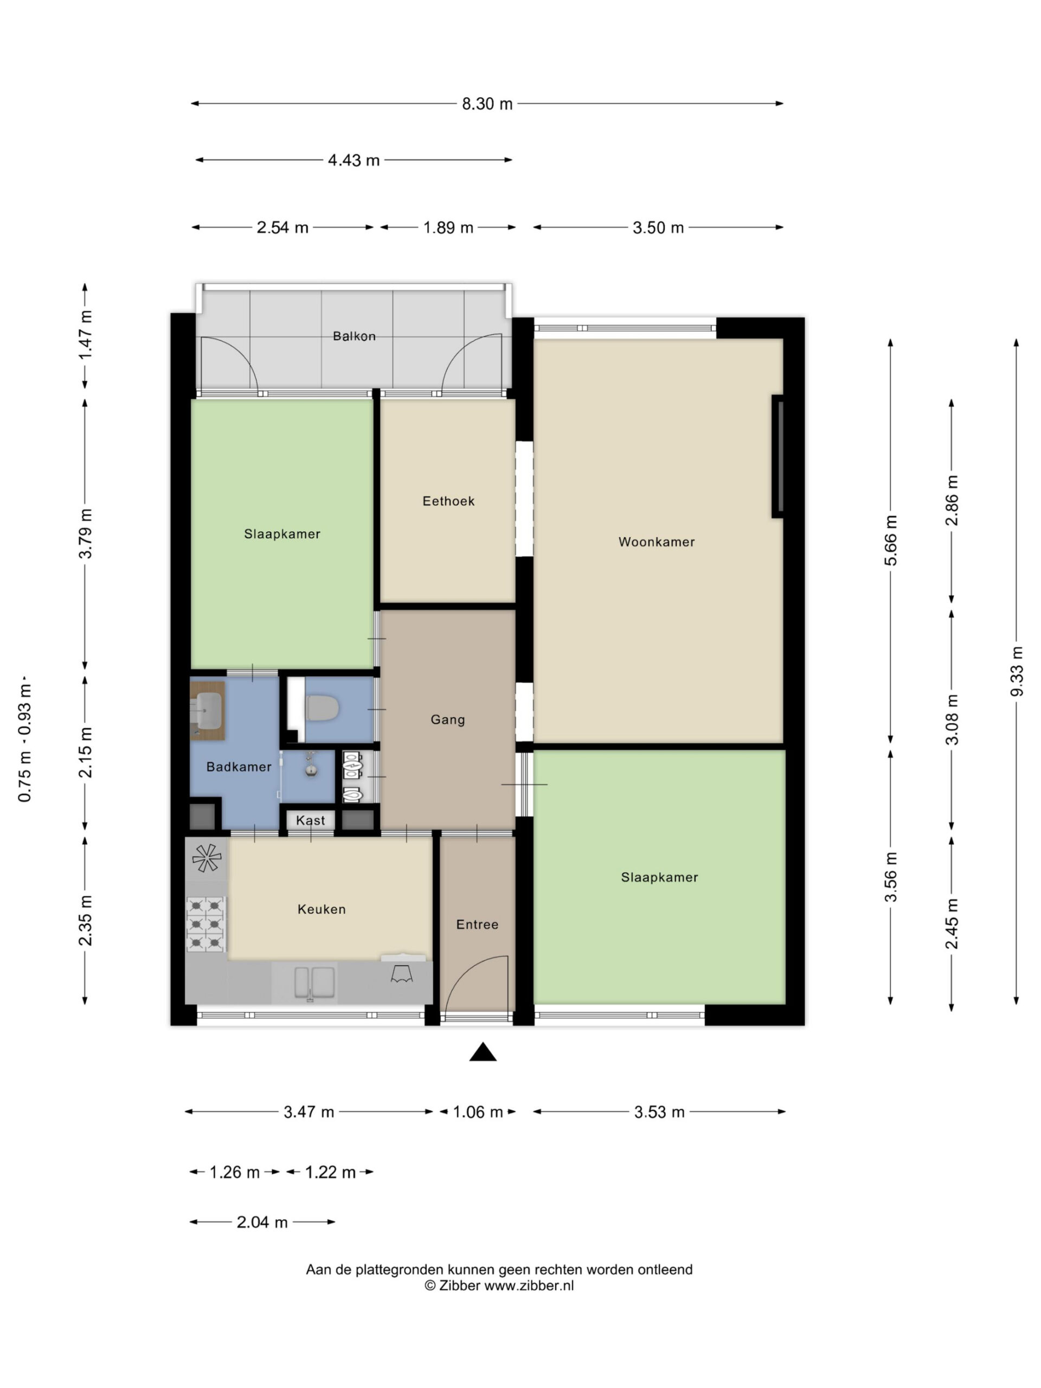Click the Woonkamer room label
click(657, 542)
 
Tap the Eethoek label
click(448, 501)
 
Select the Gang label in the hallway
click(447, 719)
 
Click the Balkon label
click(354, 336)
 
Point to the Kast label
click(311, 820)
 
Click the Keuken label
click(322, 909)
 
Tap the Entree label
click(477, 924)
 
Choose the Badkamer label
click(239, 766)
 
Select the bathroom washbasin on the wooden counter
click(207, 709)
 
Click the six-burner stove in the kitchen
click(206, 924)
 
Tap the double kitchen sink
click(314, 982)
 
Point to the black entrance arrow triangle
click(483, 1052)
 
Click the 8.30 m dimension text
click(487, 104)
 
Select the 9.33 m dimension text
click(1017, 671)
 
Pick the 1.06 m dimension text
click(478, 1112)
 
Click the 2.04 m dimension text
click(262, 1222)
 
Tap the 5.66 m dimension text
click(890, 540)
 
